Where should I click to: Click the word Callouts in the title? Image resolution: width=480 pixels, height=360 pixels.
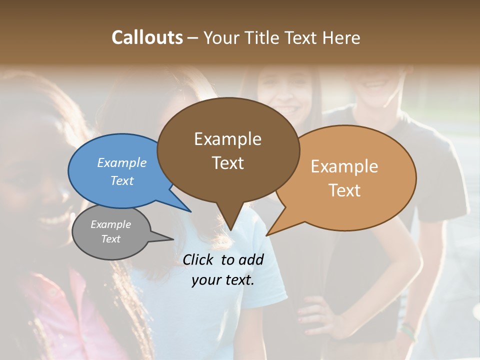click(x=147, y=37)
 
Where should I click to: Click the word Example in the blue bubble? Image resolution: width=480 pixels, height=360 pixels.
click(x=122, y=162)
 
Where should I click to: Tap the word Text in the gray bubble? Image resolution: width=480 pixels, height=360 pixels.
click(x=111, y=239)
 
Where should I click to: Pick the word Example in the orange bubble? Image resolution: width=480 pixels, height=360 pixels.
click(x=344, y=166)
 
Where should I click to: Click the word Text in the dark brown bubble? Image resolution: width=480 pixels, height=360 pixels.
click(x=228, y=162)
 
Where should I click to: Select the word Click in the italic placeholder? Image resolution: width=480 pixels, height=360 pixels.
click(x=198, y=259)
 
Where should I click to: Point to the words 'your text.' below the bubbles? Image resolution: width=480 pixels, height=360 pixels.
click(x=223, y=280)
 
